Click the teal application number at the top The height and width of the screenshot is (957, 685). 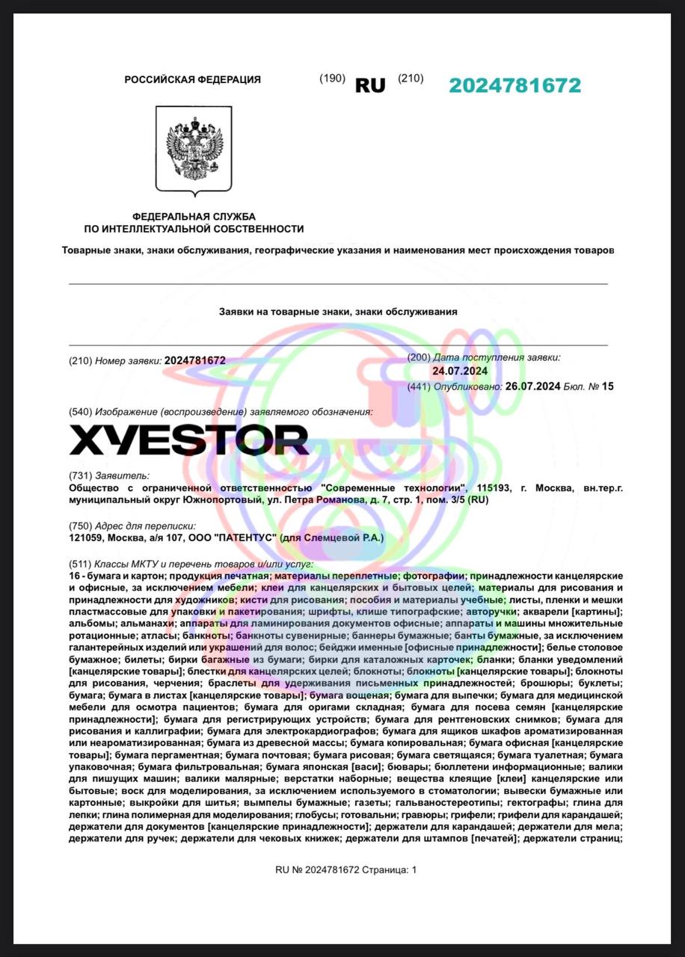[x=514, y=85]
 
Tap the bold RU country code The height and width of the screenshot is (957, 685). [x=370, y=85]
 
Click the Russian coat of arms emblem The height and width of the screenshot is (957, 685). [x=194, y=148]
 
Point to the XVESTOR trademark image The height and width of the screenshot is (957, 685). [x=189, y=440]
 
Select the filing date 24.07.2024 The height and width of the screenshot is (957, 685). [x=460, y=371]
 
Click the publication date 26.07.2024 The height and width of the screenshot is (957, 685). [x=532, y=387]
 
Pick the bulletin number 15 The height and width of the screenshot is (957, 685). [x=607, y=387]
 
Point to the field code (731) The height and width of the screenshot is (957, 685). [x=80, y=475]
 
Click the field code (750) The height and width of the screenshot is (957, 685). [x=80, y=526]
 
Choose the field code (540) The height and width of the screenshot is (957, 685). [x=80, y=412]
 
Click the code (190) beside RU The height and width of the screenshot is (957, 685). [x=332, y=79]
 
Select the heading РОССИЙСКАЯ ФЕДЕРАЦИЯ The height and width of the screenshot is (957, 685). [x=193, y=79]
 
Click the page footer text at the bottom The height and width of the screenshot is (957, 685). [x=346, y=870]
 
